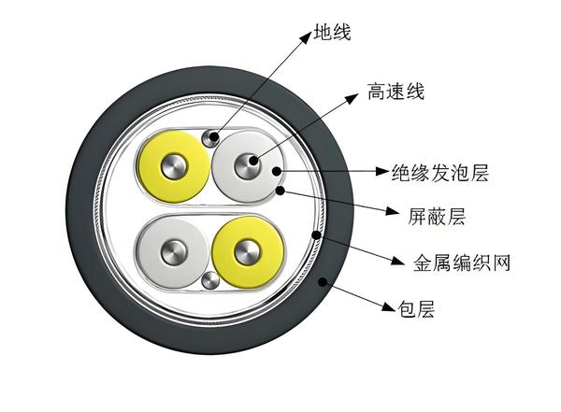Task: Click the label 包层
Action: (415, 306)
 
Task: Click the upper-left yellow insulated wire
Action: (175, 170)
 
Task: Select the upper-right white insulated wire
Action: (250, 166)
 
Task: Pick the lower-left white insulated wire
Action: (174, 252)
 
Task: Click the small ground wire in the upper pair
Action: (212, 138)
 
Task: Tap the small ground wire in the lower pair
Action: (211, 280)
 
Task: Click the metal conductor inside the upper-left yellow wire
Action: (175, 170)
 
